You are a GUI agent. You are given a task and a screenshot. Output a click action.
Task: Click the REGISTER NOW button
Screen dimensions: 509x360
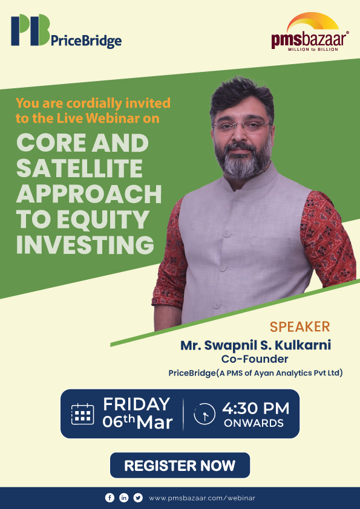pos(180,465)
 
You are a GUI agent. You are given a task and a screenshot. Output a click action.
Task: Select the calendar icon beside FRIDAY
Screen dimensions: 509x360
pos(82,413)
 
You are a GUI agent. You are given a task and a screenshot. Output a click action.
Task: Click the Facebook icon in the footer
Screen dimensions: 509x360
pos(110,498)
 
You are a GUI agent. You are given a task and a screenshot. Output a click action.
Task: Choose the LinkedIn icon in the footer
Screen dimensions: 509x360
pos(124,498)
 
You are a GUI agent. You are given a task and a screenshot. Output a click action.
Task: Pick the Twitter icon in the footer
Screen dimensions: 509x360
pos(138,498)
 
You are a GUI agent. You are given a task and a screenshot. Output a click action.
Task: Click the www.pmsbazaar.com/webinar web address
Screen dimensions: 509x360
pos(201,498)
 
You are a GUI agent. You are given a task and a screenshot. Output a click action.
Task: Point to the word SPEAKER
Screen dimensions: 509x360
pos(299,327)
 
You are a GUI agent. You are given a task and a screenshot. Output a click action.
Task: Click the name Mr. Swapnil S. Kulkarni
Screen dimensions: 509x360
pos(255,345)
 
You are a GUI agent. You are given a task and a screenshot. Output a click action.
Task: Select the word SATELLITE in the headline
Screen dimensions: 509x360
pos(79,169)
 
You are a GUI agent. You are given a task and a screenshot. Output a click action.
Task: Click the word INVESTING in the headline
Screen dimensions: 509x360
pos(85,245)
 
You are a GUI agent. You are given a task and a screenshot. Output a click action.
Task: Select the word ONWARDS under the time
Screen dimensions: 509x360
pos(254,423)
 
